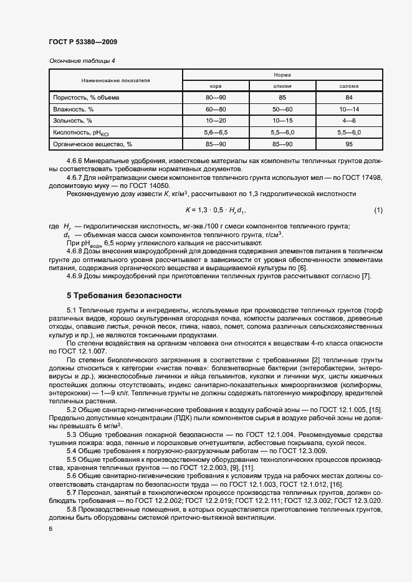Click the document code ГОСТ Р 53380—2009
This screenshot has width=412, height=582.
click(x=83, y=42)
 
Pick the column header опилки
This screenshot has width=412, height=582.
click(x=282, y=86)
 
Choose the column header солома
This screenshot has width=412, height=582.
click(x=348, y=86)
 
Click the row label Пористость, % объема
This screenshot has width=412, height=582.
click(x=86, y=98)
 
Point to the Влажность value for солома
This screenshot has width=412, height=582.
click(x=348, y=109)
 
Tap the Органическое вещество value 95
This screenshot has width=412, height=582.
click(x=348, y=144)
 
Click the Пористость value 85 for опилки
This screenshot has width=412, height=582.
click(x=282, y=98)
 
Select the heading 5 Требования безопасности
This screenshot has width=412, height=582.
click(x=124, y=295)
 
